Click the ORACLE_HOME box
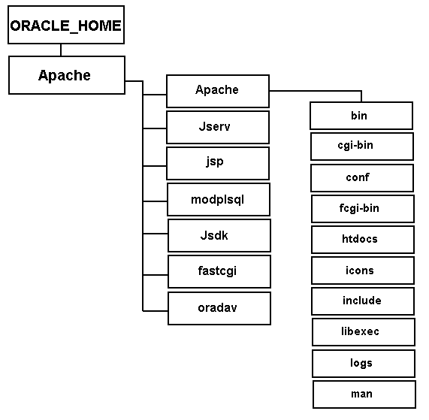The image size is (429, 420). (x=66, y=25)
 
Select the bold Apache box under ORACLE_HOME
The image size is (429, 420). (x=67, y=75)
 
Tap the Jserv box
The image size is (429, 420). (x=218, y=127)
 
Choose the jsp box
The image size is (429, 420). (x=218, y=163)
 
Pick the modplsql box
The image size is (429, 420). (x=219, y=199)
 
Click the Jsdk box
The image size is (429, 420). (x=219, y=236)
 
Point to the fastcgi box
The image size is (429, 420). (x=219, y=272)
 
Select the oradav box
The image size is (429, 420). (x=219, y=308)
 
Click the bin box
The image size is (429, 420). (x=361, y=116)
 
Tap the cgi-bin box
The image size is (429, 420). (x=362, y=147)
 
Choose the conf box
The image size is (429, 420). (x=362, y=178)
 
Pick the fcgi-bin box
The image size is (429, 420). (x=363, y=209)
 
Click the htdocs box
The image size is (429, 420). (x=363, y=240)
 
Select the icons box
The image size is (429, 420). (x=363, y=270)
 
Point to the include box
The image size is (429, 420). (x=363, y=301)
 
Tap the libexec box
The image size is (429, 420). (x=364, y=332)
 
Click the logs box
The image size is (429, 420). (x=364, y=364)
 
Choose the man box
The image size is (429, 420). (x=364, y=394)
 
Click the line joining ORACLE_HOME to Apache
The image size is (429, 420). (x=61, y=50)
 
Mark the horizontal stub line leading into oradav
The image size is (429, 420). (x=155, y=311)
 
